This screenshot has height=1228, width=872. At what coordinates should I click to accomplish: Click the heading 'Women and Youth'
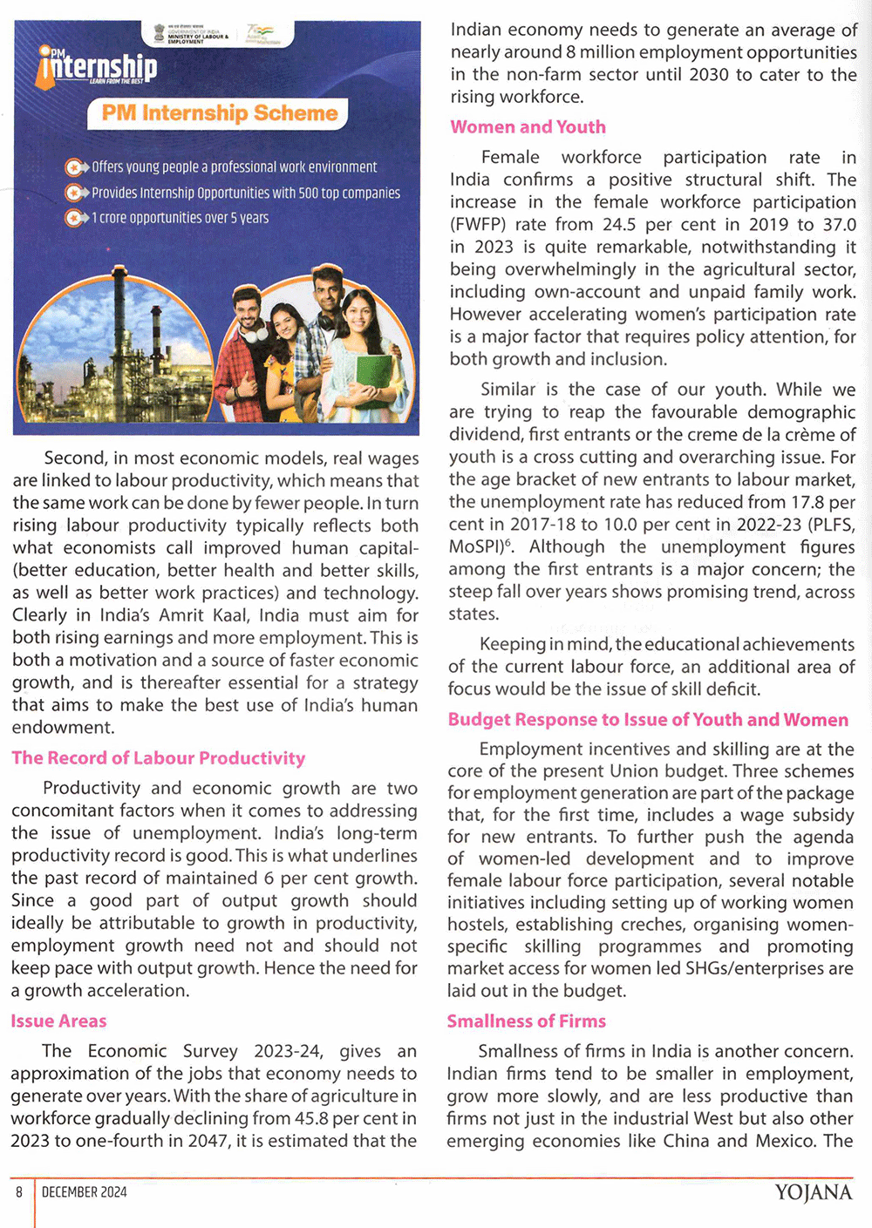coord(528,127)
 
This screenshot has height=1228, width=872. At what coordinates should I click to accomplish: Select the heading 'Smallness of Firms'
coord(526,1021)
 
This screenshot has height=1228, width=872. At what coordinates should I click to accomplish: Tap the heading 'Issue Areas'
coord(58,1021)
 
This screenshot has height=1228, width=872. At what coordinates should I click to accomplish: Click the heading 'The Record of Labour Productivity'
coord(159,758)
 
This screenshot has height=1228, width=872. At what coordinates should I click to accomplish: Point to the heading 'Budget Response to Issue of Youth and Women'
coord(648,720)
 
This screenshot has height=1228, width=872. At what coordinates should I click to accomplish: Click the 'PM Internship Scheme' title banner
coord(219,113)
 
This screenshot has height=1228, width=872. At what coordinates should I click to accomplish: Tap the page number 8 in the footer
coord(18,1192)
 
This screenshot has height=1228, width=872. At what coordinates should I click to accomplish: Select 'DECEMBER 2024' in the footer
coord(84,1192)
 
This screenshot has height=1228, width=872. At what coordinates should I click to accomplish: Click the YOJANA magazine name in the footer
coord(813,1192)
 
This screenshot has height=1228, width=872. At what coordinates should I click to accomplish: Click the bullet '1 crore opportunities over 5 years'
coord(180,218)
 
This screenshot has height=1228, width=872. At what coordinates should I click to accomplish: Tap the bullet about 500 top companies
coord(245,193)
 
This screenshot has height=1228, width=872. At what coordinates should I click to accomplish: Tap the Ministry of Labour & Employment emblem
coord(160,33)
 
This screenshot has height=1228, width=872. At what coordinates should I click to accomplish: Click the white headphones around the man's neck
coord(255,331)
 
